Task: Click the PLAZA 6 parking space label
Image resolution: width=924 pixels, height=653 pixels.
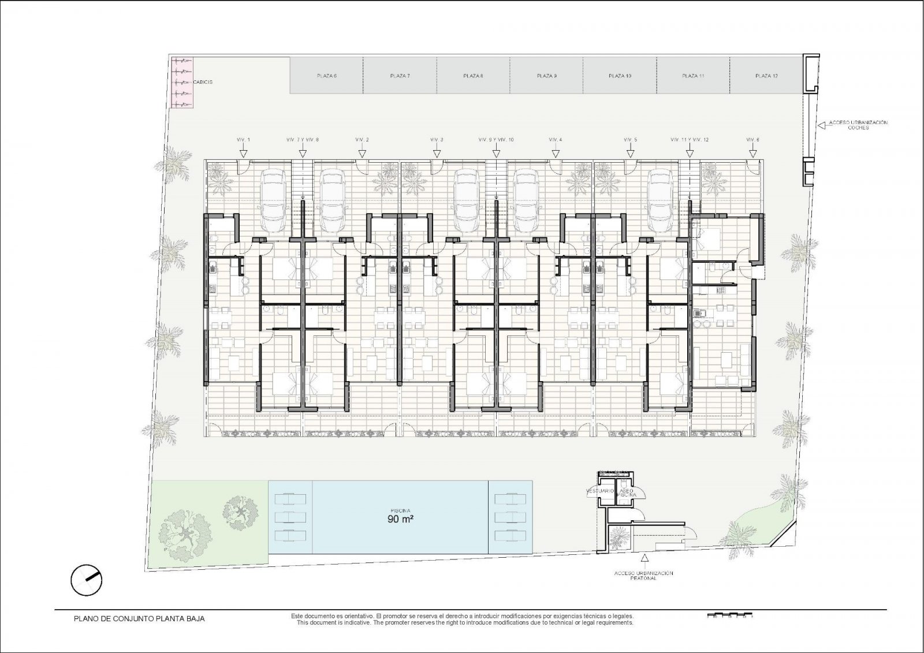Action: [x=327, y=76]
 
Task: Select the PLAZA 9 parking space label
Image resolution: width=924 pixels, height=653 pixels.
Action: [x=546, y=76]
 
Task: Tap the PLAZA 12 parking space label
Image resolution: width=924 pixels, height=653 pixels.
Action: [x=766, y=76]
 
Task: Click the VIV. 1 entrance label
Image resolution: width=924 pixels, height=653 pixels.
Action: [x=244, y=140]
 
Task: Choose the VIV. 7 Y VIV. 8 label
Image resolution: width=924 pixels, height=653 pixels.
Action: [x=303, y=140]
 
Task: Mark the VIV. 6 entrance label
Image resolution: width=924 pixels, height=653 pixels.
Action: [x=752, y=140]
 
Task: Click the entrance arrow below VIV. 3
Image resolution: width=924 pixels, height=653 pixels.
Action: [x=437, y=152]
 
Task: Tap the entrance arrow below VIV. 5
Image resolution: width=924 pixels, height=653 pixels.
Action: [x=630, y=152]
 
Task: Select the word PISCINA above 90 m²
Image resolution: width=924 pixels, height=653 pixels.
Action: [x=400, y=510]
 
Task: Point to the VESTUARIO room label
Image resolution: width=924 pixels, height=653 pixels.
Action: [x=600, y=491]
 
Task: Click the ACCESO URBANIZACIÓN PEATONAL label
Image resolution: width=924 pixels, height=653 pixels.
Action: [x=644, y=575]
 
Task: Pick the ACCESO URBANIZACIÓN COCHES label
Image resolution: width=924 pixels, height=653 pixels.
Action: [x=858, y=125]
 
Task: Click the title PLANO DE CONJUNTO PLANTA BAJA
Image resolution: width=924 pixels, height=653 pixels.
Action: [x=139, y=618]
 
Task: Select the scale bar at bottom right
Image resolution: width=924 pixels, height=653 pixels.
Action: [x=729, y=615]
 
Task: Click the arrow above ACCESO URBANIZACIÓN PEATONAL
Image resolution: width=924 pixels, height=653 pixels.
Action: [x=644, y=558]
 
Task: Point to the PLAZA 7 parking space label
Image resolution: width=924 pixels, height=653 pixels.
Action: [x=400, y=76]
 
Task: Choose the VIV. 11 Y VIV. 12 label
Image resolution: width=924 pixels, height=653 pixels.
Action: [x=690, y=140]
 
